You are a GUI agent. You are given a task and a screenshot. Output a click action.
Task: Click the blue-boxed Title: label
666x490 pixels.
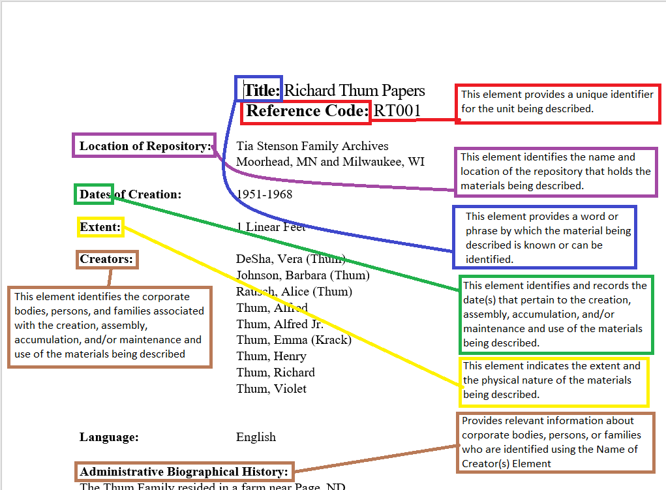point(261,90)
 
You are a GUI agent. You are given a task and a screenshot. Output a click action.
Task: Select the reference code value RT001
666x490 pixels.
point(397,111)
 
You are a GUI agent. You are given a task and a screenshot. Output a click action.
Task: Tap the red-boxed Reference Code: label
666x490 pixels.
point(306,112)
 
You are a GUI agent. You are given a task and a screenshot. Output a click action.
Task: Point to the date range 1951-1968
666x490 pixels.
point(264,194)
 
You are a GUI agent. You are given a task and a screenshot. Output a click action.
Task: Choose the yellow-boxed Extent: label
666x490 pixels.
point(100,227)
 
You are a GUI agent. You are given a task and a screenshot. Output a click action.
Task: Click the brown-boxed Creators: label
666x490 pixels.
point(106,259)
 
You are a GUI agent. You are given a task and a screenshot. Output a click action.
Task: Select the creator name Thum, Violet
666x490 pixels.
point(271,389)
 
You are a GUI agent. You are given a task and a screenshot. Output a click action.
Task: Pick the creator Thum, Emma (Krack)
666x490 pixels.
point(294,340)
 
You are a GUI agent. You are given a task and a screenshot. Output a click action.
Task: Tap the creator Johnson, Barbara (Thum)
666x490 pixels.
point(303,275)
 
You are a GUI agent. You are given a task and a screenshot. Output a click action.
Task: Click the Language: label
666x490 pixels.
point(109,437)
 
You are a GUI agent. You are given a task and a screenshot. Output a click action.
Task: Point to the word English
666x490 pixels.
point(256,437)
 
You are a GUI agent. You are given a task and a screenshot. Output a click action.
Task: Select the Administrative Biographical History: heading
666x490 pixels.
point(183,471)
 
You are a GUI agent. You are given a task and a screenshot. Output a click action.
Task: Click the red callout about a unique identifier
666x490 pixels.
point(558,102)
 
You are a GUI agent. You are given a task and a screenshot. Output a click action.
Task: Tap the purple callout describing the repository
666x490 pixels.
point(555,172)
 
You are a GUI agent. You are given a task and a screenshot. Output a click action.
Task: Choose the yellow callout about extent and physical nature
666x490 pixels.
point(554,380)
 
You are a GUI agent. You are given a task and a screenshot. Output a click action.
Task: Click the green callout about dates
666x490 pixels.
point(555,314)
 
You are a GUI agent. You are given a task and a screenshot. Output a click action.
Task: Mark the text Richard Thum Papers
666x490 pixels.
point(354,91)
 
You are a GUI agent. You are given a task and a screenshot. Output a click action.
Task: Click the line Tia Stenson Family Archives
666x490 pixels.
point(312,146)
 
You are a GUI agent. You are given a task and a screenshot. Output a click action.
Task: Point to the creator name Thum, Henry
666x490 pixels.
point(271,356)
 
